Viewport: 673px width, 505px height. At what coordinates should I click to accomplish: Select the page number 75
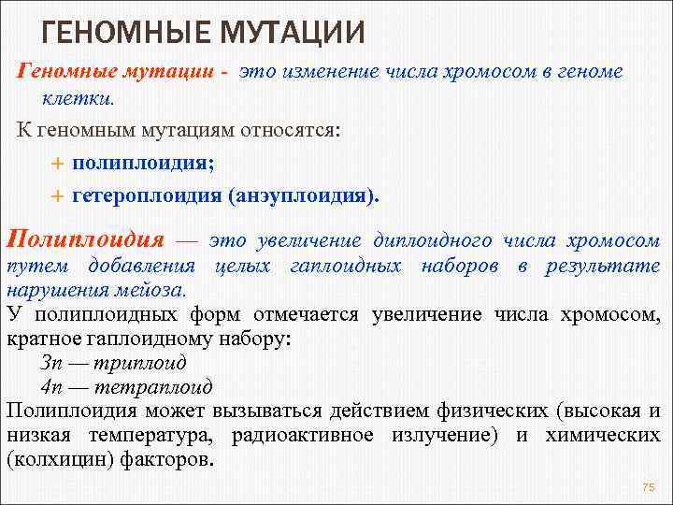pyautogui.click(x=649, y=488)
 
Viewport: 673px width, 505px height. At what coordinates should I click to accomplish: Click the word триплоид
pyautogui.click(x=131, y=362)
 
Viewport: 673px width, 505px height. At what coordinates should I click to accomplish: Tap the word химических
pyautogui.click(x=603, y=435)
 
